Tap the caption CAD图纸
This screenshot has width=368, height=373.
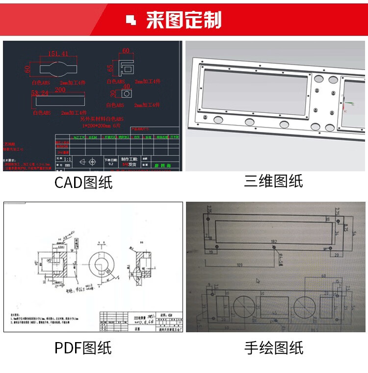click(83, 183)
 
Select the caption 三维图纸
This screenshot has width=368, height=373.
click(273, 181)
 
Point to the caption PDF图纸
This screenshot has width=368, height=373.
click(83, 348)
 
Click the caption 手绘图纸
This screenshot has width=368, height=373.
click(274, 348)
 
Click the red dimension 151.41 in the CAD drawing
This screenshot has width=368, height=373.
click(58, 54)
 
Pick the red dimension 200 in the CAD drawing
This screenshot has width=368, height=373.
click(60, 90)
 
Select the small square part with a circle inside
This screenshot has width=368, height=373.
click(127, 93)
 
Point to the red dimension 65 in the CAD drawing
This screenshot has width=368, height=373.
click(110, 66)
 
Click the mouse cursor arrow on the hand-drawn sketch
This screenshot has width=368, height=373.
click(258, 281)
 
